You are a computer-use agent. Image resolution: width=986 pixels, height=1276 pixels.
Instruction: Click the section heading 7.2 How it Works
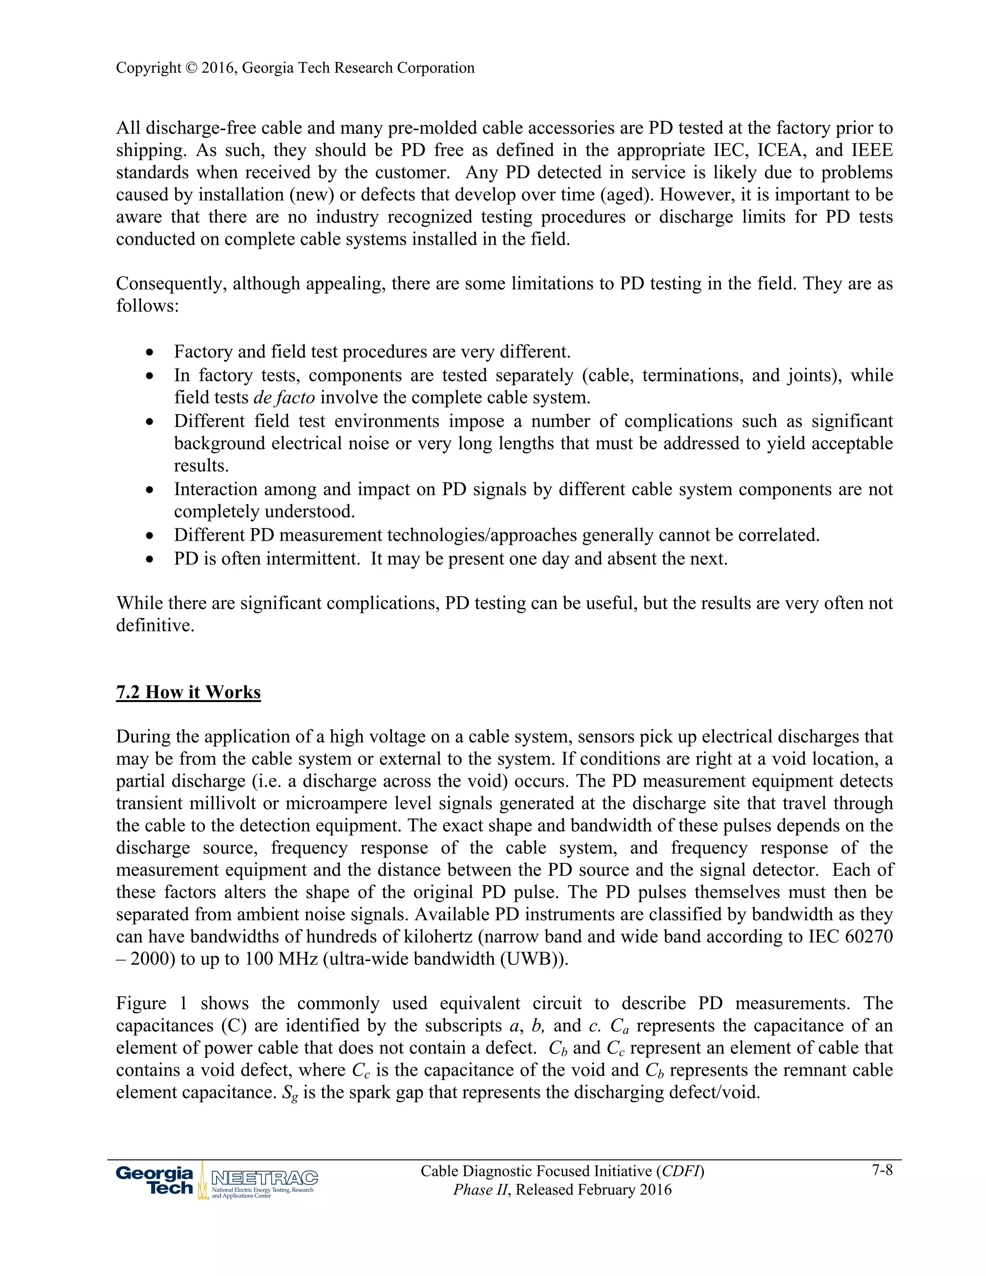pyautogui.click(x=188, y=692)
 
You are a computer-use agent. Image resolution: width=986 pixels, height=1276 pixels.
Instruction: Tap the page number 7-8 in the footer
pyautogui.click(x=882, y=1170)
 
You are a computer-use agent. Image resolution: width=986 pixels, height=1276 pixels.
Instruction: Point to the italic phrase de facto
pyautogui.click(x=284, y=398)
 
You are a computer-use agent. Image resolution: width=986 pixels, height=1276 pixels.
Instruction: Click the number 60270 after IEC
pyautogui.click(x=869, y=937)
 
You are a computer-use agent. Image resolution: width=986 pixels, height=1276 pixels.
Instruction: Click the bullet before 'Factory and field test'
pyautogui.click(x=151, y=353)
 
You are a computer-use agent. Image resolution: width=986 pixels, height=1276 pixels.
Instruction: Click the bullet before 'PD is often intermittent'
pyautogui.click(x=151, y=560)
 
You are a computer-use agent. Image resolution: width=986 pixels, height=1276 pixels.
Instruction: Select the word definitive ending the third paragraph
pyautogui.click(x=155, y=626)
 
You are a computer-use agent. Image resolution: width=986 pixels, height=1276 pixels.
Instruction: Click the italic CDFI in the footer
pyautogui.click(x=680, y=1171)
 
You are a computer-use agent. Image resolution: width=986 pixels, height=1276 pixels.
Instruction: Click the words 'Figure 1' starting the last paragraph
pyautogui.click(x=151, y=1003)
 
